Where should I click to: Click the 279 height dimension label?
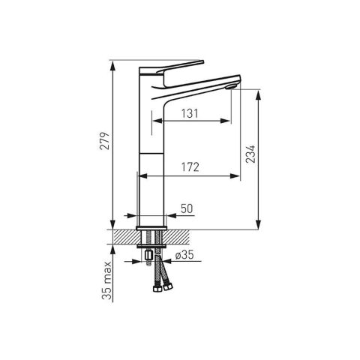(105, 141)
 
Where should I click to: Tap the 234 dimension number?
(250, 154)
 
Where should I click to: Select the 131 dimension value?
(190, 113)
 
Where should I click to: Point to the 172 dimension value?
(190, 167)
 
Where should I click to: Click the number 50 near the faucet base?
(187, 208)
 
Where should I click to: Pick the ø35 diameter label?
(184, 255)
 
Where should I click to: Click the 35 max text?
(106, 280)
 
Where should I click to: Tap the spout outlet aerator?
(230, 87)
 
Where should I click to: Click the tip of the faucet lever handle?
(202, 61)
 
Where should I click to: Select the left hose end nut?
(157, 289)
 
